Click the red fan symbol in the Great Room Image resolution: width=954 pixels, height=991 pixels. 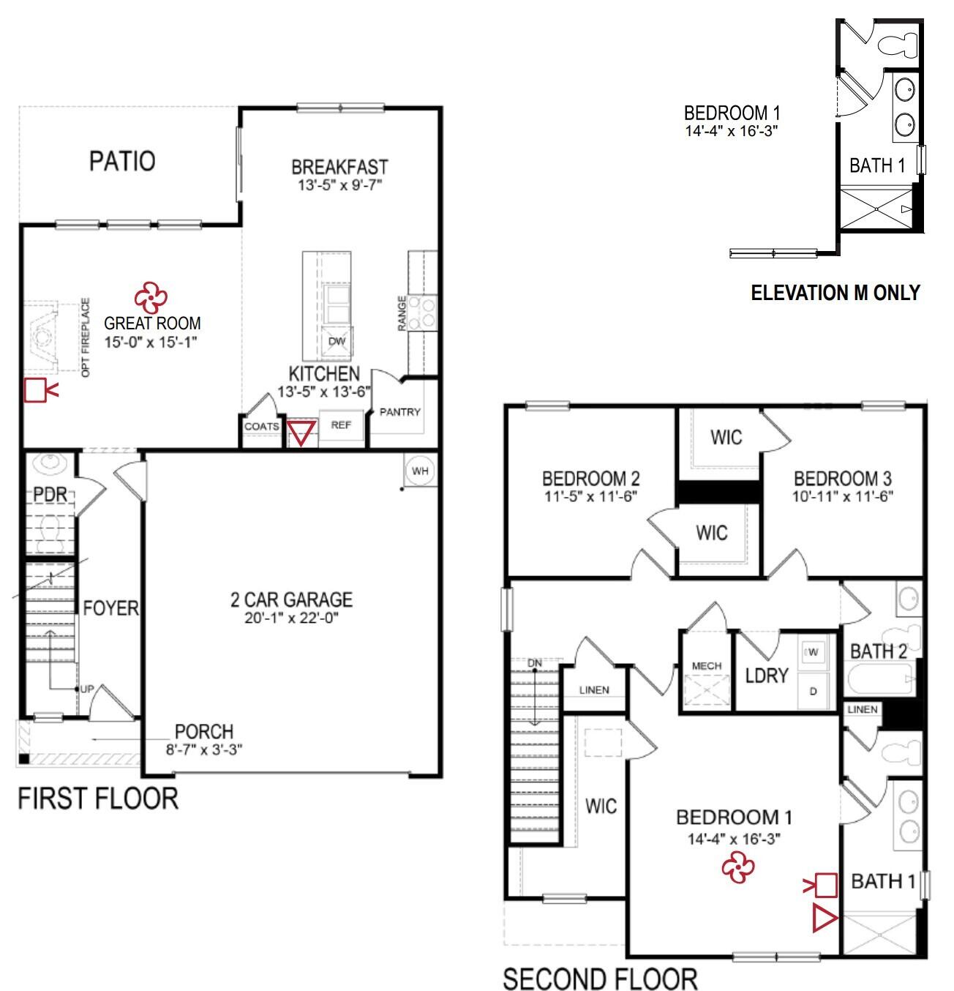point(151,296)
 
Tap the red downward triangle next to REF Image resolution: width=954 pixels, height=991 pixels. point(301,433)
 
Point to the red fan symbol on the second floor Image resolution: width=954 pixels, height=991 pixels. point(737,868)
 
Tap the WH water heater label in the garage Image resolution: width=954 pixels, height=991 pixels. point(420,471)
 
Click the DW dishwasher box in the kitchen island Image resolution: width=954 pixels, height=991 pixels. point(336,341)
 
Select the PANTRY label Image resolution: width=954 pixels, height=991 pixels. point(399,412)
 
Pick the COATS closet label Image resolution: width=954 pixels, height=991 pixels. point(261,426)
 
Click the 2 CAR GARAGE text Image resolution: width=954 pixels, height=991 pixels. point(291,599)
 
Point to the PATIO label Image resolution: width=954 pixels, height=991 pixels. point(122,161)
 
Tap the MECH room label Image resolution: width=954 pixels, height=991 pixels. point(706,665)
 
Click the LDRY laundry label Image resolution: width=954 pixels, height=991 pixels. point(766,675)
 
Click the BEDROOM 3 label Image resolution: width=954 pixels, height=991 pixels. point(842,479)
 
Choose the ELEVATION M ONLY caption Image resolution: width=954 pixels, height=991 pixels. point(835,293)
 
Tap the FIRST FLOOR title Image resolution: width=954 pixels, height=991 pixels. point(98,798)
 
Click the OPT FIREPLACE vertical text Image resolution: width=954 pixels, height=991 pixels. point(86,337)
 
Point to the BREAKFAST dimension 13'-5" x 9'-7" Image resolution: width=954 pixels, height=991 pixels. point(339,185)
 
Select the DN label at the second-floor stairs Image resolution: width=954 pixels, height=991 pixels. point(536,663)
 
